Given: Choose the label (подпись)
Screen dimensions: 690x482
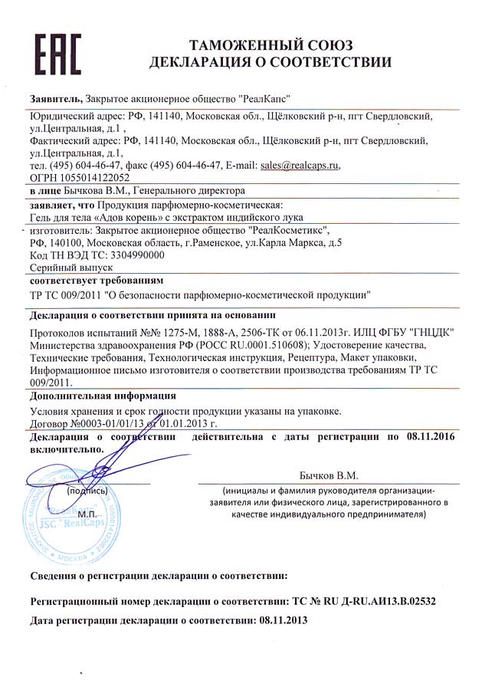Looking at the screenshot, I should click(87, 489).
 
